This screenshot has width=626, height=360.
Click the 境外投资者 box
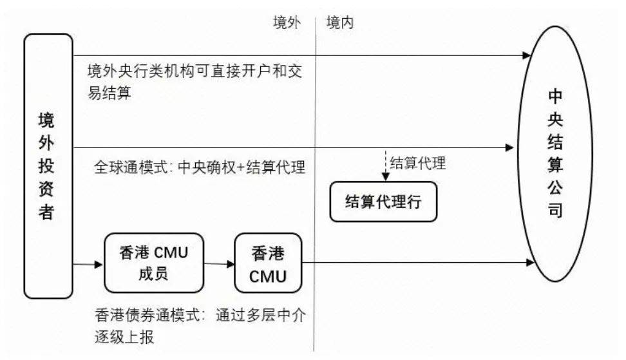(48, 166)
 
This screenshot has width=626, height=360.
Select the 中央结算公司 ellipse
(555, 153)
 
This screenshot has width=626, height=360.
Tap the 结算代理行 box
(383, 202)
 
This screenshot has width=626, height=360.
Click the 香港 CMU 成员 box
(153, 263)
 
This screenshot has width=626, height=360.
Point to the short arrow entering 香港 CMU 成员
(89, 264)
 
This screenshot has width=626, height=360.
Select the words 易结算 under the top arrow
(109, 93)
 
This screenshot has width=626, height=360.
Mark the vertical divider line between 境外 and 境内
(316, 193)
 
